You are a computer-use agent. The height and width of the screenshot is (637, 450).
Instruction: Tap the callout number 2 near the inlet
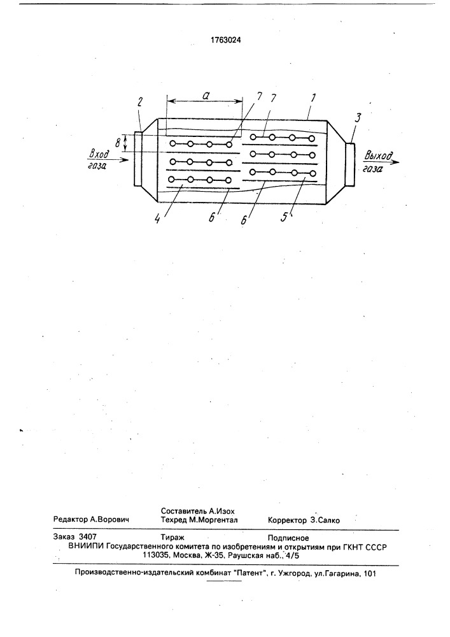click(x=140, y=102)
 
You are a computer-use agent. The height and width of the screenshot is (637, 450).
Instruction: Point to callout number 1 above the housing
click(x=313, y=98)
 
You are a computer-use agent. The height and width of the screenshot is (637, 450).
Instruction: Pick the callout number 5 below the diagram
click(x=285, y=218)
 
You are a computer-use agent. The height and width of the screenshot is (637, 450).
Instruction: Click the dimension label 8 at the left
click(x=118, y=143)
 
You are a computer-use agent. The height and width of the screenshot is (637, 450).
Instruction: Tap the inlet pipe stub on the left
click(x=137, y=159)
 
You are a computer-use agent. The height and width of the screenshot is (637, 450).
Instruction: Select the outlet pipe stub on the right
click(x=350, y=164)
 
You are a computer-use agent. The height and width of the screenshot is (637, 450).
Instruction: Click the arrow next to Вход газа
click(x=118, y=160)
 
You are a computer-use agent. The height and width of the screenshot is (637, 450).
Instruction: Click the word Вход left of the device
click(x=98, y=154)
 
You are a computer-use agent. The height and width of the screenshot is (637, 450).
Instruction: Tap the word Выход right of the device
click(x=378, y=155)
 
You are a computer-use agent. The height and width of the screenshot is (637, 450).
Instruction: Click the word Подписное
click(x=288, y=538)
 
